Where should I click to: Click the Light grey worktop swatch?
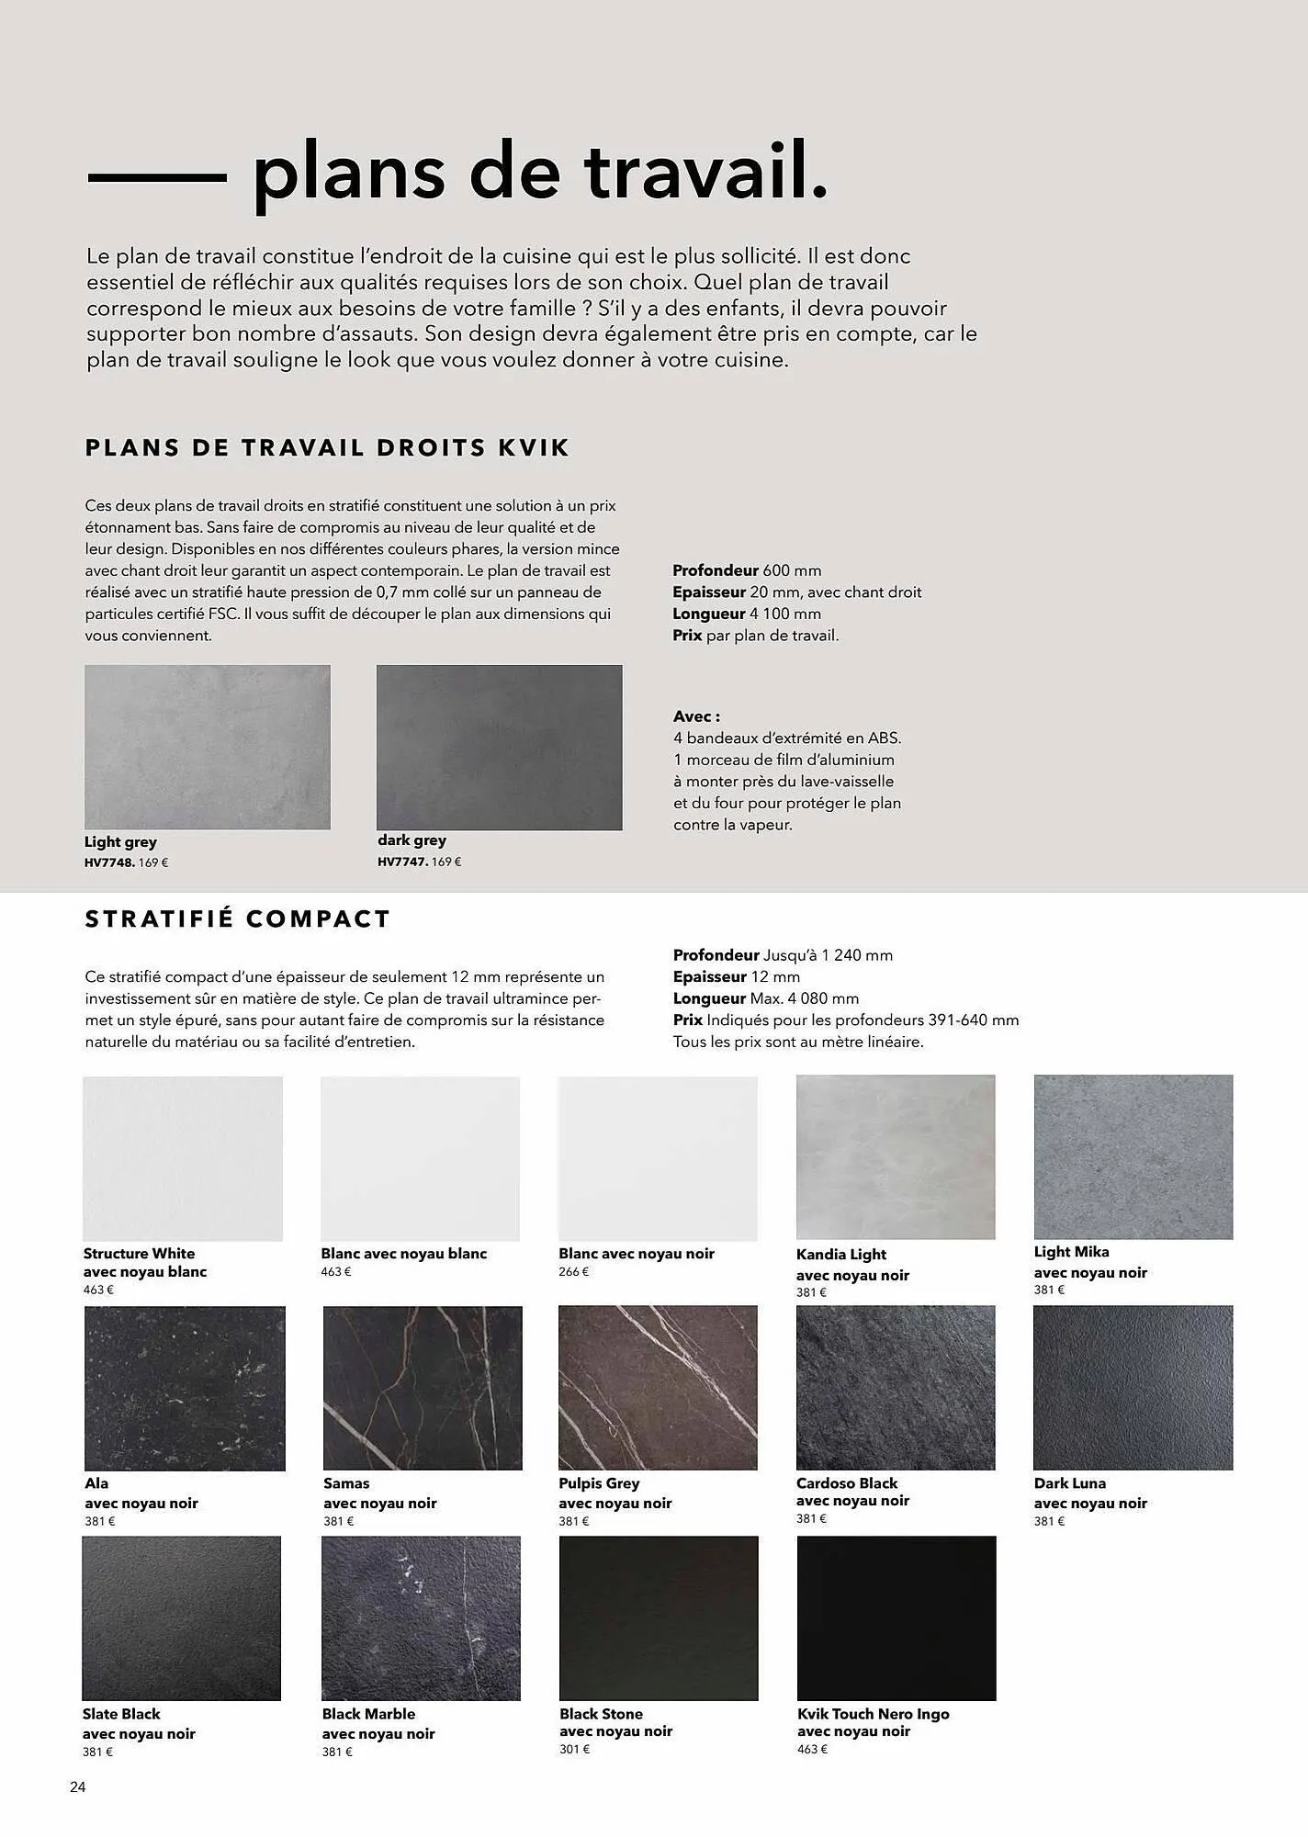click(207, 747)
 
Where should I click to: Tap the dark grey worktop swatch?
click(499, 747)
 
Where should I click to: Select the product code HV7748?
click(109, 863)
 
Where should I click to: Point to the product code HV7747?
click(402, 862)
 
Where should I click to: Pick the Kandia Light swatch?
click(896, 1157)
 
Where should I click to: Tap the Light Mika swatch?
click(1133, 1157)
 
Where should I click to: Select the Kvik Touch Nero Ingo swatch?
click(896, 1617)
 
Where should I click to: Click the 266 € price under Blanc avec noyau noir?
click(573, 1272)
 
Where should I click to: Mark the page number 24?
click(77, 1787)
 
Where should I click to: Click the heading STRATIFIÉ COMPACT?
click(238, 919)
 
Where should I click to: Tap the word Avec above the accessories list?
click(694, 716)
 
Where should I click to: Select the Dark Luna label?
click(1069, 1483)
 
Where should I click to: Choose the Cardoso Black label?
click(847, 1483)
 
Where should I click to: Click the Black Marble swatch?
click(421, 1617)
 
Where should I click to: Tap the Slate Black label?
click(121, 1714)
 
